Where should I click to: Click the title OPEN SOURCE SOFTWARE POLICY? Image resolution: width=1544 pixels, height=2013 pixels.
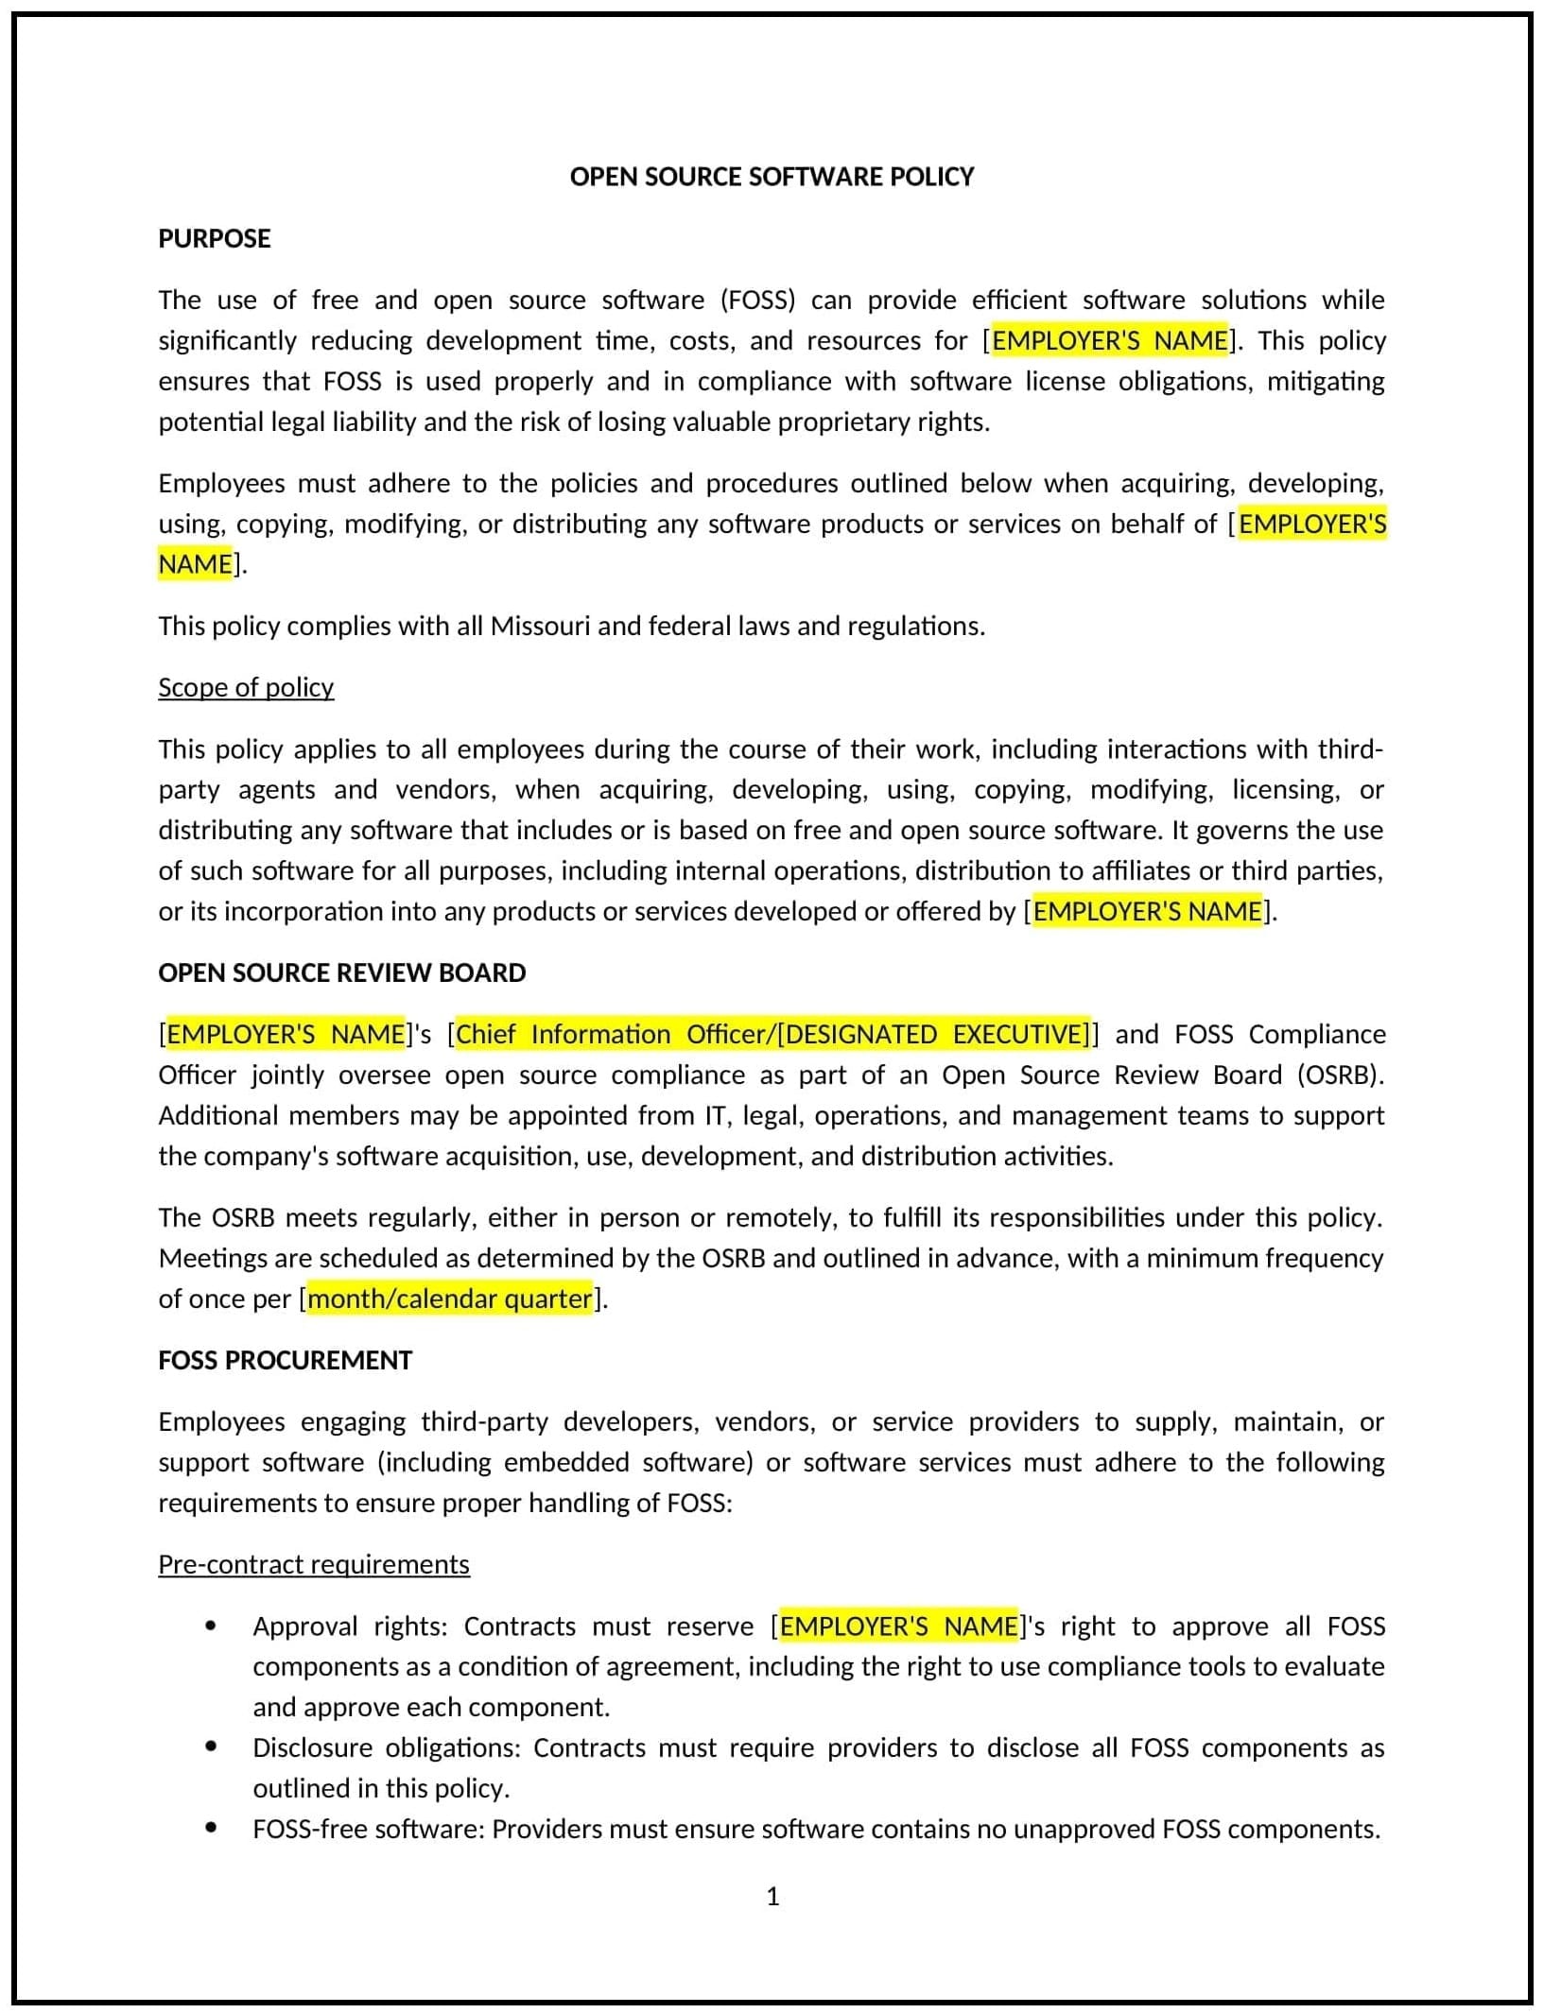pyautogui.click(x=772, y=177)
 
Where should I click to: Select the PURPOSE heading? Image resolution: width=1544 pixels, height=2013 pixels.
pyautogui.click(x=215, y=238)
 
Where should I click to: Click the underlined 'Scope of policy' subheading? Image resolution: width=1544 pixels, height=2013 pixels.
pyautogui.click(x=246, y=687)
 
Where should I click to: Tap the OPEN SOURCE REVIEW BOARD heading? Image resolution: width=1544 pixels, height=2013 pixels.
pyautogui.click(x=341, y=972)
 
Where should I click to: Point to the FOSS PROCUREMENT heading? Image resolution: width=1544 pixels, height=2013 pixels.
pyautogui.click(x=285, y=1360)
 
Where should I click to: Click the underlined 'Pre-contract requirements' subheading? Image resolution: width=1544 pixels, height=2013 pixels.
pyautogui.click(x=314, y=1564)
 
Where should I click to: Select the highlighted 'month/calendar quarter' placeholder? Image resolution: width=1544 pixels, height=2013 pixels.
pyautogui.click(x=450, y=1299)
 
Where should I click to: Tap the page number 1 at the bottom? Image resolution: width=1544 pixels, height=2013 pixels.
pyautogui.click(x=772, y=1896)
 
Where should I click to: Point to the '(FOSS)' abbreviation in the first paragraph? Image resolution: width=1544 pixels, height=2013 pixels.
pyautogui.click(x=758, y=301)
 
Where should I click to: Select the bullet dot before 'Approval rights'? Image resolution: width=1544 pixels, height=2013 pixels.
pyautogui.click(x=211, y=1626)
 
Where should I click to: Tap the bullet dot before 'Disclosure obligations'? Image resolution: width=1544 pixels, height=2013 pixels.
pyautogui.click(x=211, y=1746)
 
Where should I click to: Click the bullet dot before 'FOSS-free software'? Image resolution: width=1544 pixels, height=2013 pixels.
pyautogui.click(x=211, y=1828)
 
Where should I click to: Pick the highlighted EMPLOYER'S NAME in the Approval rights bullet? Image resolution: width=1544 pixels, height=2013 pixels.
pyautogui.click(x=898, y=1626)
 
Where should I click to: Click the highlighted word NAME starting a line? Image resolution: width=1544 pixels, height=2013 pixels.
pyautogui.click(x=196, y=564)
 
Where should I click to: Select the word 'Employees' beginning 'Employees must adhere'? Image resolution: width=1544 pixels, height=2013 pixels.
pyautogui.click(x=221, y=483)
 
